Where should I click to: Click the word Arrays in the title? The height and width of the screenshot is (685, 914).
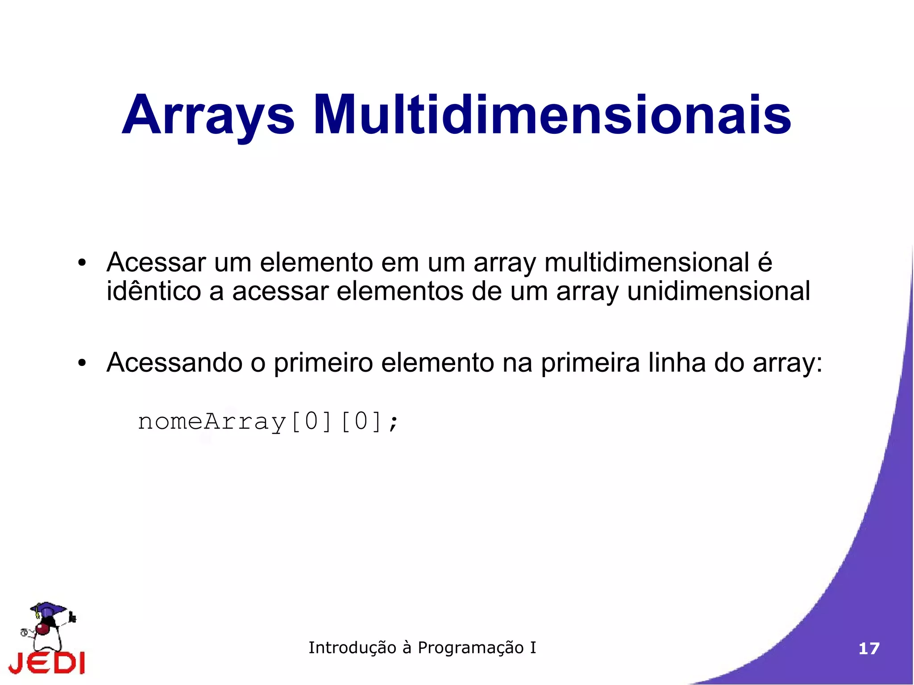[x=208, y=115]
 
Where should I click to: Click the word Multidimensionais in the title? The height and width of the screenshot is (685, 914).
[x=552, y=115]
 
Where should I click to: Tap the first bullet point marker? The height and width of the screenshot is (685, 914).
[x=81, y=263]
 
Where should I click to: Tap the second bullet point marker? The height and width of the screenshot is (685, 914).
[x=81, y=363]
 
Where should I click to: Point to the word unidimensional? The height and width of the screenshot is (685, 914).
[x=719, y=291]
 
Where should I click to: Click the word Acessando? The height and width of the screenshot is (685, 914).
[x=174, y=362]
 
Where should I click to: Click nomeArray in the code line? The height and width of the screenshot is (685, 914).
[x=212, y=422]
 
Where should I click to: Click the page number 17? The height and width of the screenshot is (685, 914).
[x=868, y=648]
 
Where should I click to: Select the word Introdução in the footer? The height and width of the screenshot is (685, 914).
[x=352, y=648]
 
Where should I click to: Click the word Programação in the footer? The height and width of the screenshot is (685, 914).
[x=470, y=648]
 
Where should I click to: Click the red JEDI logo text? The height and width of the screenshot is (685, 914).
[x=47, y=663]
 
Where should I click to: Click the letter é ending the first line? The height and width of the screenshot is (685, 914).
[x=765, y=262]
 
